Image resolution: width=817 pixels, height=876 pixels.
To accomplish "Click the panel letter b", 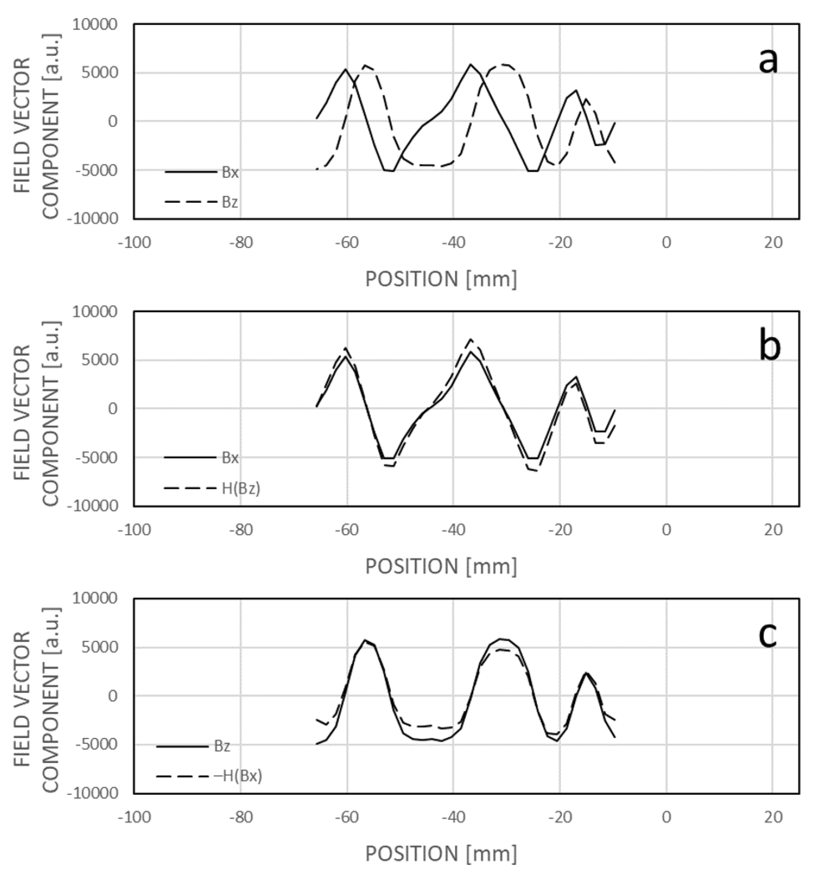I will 769,348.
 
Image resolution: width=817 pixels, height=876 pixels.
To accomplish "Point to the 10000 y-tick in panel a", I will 95,25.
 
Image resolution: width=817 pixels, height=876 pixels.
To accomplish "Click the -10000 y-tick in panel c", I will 92,793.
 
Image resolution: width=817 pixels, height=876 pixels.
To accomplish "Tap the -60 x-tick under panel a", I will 347,243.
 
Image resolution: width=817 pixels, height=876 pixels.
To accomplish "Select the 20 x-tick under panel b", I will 773,530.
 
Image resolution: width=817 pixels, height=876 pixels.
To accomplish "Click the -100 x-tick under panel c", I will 134,817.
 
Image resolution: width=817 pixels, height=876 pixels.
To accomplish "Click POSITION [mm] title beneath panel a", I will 441,279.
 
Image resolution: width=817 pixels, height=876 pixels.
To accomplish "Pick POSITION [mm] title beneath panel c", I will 441,854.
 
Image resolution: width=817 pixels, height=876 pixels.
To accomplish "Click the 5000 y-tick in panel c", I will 99,648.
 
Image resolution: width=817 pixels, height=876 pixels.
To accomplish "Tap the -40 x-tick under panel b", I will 453,530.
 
